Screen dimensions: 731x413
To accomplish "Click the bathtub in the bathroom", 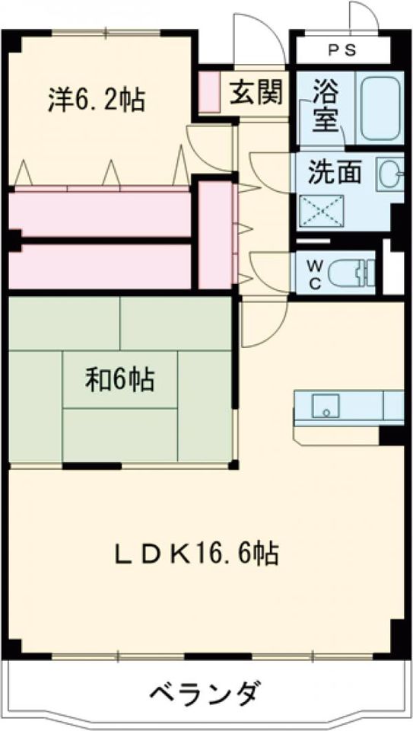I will pyautogui.click(x=377, y=107).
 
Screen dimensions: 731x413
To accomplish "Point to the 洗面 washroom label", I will pyautogui.click(x=335, y=172).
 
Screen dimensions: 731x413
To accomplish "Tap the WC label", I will pyautogui.click(x=314, y=272).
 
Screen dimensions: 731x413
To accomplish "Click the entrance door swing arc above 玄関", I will pyautogui.click(x=255, y=42).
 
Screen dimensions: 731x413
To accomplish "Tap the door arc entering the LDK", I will pyautogui.click(x=262, y=324).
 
